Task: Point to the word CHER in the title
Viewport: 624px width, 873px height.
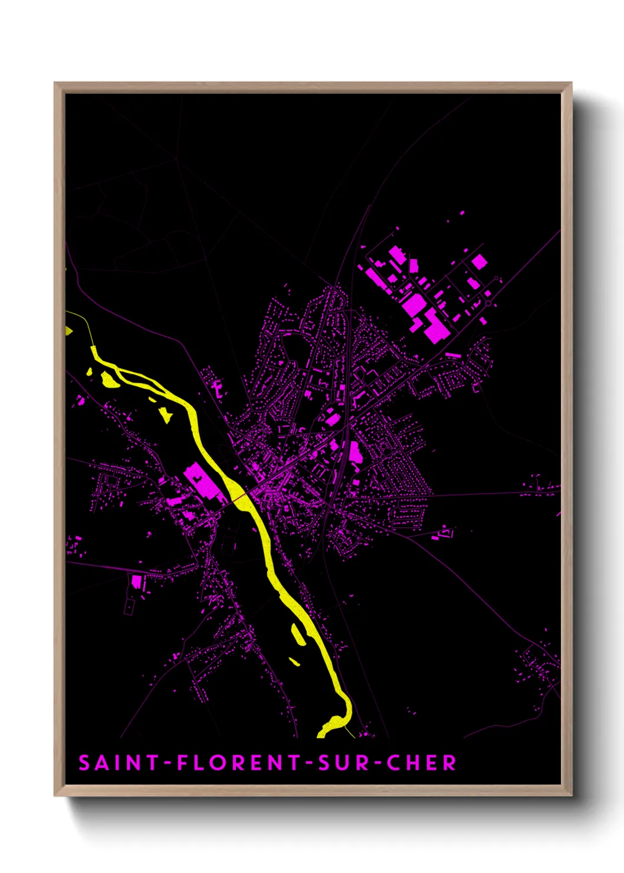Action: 422,763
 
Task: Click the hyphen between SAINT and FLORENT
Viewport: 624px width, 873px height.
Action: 168,763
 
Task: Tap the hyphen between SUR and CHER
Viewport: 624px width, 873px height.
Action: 377,763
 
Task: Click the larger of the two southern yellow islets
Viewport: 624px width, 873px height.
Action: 298,634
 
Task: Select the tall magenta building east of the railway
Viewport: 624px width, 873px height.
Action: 356,452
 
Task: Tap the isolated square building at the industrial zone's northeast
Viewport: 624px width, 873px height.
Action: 480,261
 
